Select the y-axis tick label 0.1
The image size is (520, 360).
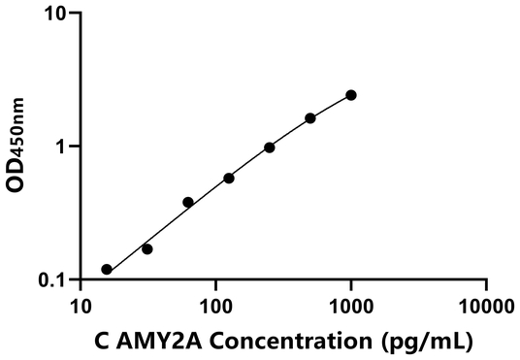(x=49, y=279)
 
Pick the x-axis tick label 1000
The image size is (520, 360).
(x=350, y=307)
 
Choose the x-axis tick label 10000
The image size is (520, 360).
(x=485, y=307)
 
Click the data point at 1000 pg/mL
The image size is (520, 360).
(x=351, y=95)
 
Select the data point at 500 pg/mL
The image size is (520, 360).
(x=310, y=118)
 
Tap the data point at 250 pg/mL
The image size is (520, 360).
(x=270, y=147)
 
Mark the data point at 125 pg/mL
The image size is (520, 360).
(x=229, y=178)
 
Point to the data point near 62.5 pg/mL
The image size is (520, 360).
(x=188, y=202)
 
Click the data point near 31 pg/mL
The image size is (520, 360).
(x=147, y=249)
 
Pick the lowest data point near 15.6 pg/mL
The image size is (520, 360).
(x=107, y=270)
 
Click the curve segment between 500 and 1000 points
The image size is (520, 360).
(x=331, y=106)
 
